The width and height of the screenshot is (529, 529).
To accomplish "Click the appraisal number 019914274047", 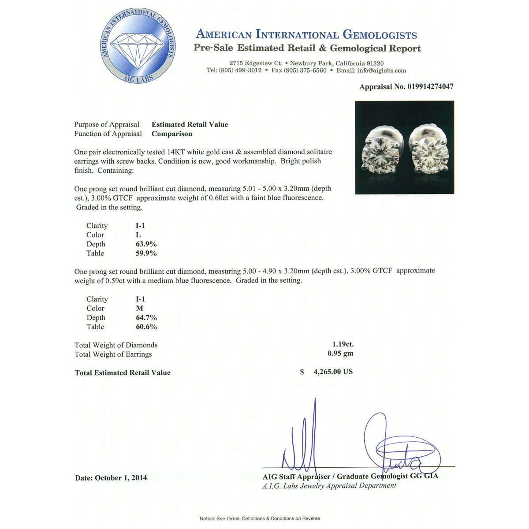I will pos(429,87).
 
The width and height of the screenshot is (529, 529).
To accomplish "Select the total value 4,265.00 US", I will pos(333,372).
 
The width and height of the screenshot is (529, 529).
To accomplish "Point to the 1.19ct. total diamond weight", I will pos(343,344).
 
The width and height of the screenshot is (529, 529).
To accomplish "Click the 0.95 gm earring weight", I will pos(340,353).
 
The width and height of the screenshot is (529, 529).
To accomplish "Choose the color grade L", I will pos(138,235).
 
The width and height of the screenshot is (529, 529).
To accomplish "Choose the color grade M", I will pos(139,309).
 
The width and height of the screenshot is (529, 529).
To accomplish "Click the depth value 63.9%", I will pos(146,244).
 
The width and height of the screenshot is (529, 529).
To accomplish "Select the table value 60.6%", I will pos(146,327).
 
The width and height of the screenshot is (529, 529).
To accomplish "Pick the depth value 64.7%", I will pos(146,318).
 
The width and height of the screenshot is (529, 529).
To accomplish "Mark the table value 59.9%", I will pos(146,253).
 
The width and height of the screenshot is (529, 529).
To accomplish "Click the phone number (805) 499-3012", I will pos(240,71).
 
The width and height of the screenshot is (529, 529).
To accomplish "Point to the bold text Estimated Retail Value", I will pos(190,125).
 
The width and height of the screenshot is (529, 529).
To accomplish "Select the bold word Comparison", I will pos(172,134).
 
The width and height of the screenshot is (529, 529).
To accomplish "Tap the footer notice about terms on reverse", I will pos(260,518).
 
